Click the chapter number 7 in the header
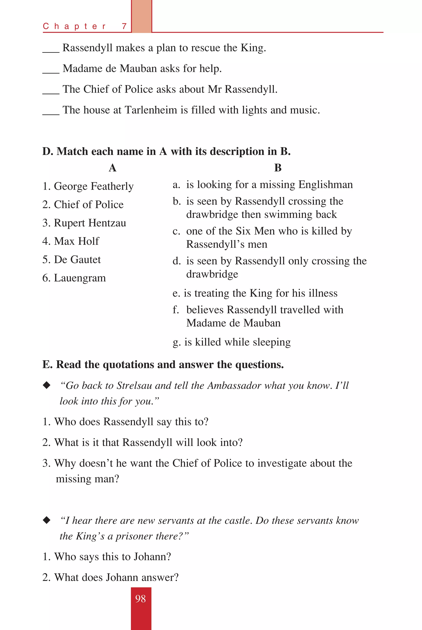(x=124, y=26)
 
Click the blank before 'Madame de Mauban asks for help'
(x=51, y=72)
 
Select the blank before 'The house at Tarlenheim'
(x=51, y=114)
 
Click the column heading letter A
(x=113, y=168)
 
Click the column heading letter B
(x=278, y=168)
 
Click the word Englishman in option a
(x=325, y=185)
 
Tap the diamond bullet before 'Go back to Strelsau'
(x=47, y=385)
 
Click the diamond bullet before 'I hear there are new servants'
(x=47, y=520)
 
